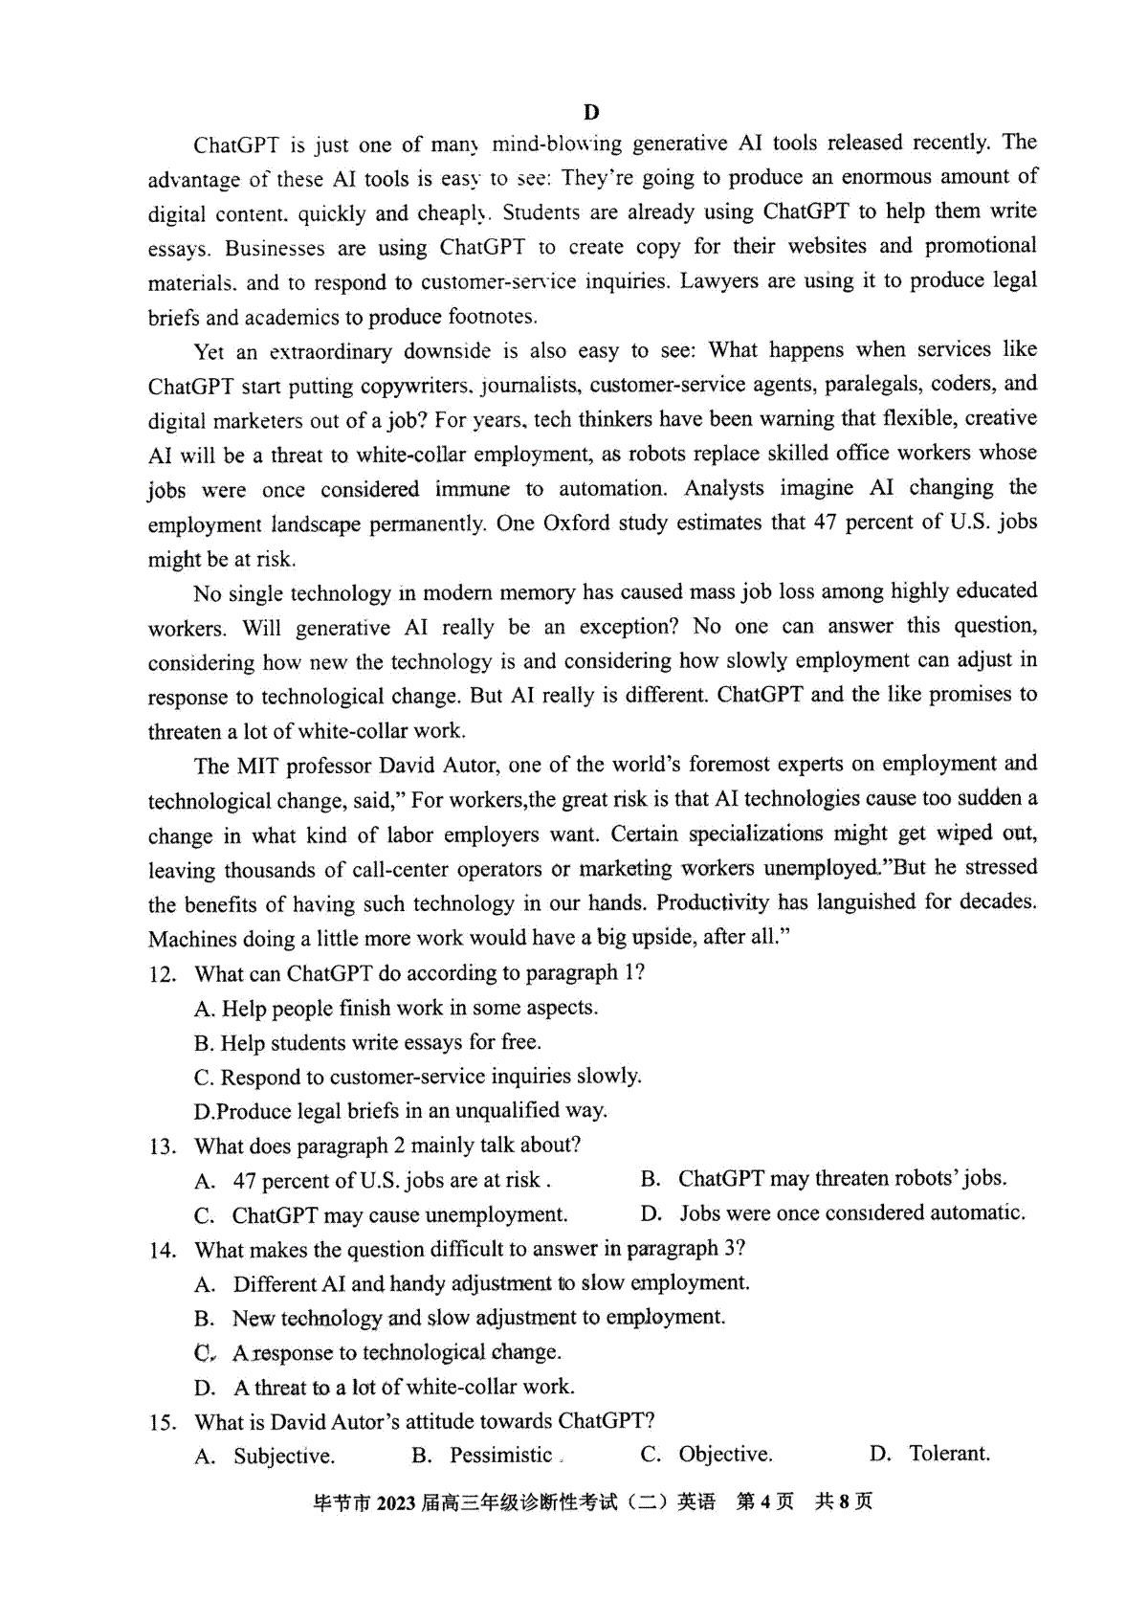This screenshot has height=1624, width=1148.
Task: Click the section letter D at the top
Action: [591, 112]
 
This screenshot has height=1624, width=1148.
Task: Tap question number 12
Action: [163, 974]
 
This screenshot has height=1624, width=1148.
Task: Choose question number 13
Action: [163, 1146]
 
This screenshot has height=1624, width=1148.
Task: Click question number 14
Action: [163, 1250]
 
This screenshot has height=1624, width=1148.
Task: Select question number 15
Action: [163, 1422]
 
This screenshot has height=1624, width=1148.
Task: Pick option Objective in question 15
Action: [725, 1455]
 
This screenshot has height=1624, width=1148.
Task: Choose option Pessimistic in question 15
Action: [501, 1456]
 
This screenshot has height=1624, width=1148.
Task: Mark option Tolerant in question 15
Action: [949, 1454]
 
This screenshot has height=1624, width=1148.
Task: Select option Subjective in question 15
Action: [284, 1457]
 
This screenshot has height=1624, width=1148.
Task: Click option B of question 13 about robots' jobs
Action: [842, 1179]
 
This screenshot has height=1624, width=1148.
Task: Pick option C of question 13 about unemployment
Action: [399, 1215]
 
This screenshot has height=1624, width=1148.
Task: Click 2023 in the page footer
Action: [396, 1502]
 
